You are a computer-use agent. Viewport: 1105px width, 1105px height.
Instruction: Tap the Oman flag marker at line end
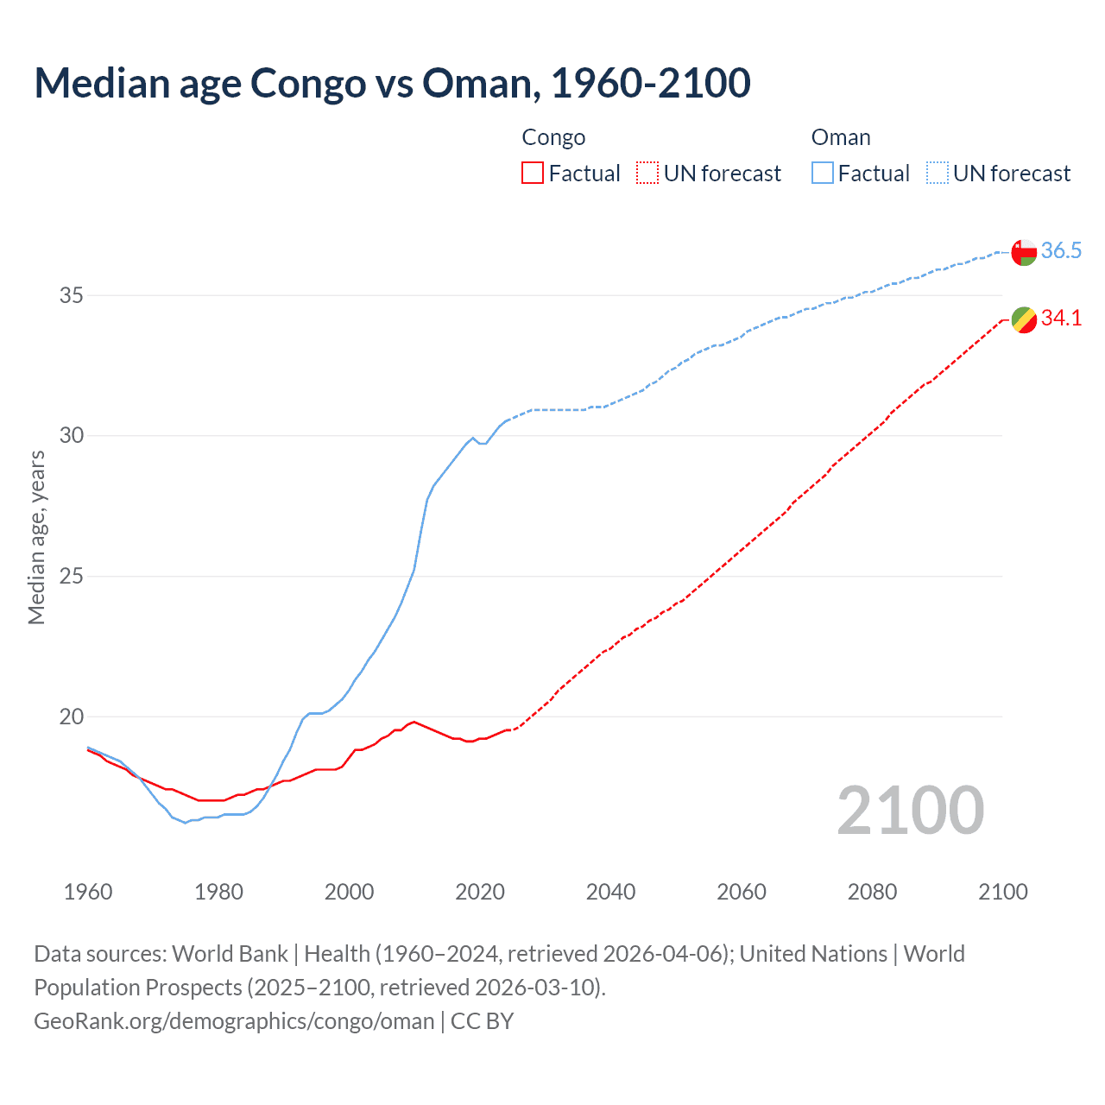point(1024,252)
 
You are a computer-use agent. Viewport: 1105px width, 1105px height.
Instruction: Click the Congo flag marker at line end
point(1024,319)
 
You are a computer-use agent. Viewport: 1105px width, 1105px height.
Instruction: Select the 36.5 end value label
point(1061,251)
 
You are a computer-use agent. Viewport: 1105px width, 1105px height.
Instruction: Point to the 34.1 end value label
point(1061,319)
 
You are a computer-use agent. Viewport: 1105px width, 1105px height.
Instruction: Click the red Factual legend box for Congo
point(533,174)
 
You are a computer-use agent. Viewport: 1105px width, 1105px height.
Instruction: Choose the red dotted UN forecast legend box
point(647,174)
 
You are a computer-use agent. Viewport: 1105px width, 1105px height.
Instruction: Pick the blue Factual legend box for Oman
point(823,174)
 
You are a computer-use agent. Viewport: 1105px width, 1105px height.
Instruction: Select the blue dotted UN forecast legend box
point(937,174)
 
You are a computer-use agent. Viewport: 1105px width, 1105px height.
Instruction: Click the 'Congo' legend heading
point(553,138)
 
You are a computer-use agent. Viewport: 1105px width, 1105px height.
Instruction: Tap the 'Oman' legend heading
point(841,138)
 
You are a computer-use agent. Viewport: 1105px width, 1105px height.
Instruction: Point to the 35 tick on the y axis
point(71,295)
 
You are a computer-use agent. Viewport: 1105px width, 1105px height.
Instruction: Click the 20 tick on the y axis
point(71,717)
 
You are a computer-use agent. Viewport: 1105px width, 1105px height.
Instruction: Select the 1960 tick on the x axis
point(88,892)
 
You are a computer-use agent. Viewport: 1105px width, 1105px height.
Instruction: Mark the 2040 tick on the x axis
point(610,892)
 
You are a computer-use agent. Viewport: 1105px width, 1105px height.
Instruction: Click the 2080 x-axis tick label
point(872,892)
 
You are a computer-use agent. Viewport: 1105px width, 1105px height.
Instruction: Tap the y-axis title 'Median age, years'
point(36,537)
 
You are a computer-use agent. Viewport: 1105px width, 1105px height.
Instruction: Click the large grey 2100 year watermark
point(911,811)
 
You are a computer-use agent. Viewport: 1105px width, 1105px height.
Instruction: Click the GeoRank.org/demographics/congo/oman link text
point(234,1021)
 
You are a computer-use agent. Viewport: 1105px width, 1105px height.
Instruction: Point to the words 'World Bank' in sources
point(230,954)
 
